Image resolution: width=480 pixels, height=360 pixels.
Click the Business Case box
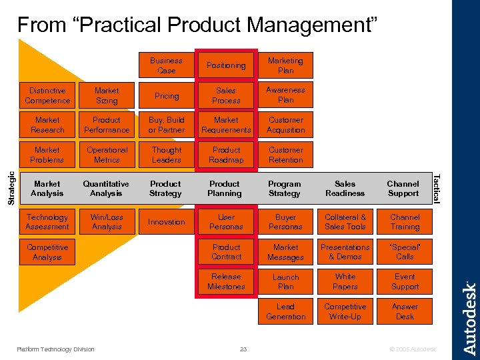167,65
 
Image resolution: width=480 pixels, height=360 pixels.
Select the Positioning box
226,65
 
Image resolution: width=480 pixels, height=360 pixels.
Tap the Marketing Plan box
285,65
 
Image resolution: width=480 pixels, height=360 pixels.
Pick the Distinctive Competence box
47,95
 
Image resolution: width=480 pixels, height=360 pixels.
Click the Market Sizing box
107,95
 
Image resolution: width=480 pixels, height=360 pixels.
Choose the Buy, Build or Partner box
167,125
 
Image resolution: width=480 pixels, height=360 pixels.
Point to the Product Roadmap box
226,155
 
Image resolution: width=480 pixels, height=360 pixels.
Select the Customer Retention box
285,155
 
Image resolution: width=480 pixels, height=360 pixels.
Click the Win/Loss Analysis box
107,222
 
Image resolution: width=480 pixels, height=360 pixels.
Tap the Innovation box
167,222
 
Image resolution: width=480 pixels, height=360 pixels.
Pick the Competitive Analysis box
47,252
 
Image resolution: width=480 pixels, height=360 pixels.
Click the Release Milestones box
226,282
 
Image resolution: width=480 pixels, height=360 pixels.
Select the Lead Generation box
285,312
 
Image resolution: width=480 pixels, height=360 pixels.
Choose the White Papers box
345,282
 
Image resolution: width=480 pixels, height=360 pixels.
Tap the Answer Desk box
405,312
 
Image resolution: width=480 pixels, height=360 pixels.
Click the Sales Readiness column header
345,189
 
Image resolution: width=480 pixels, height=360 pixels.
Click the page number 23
243,349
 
